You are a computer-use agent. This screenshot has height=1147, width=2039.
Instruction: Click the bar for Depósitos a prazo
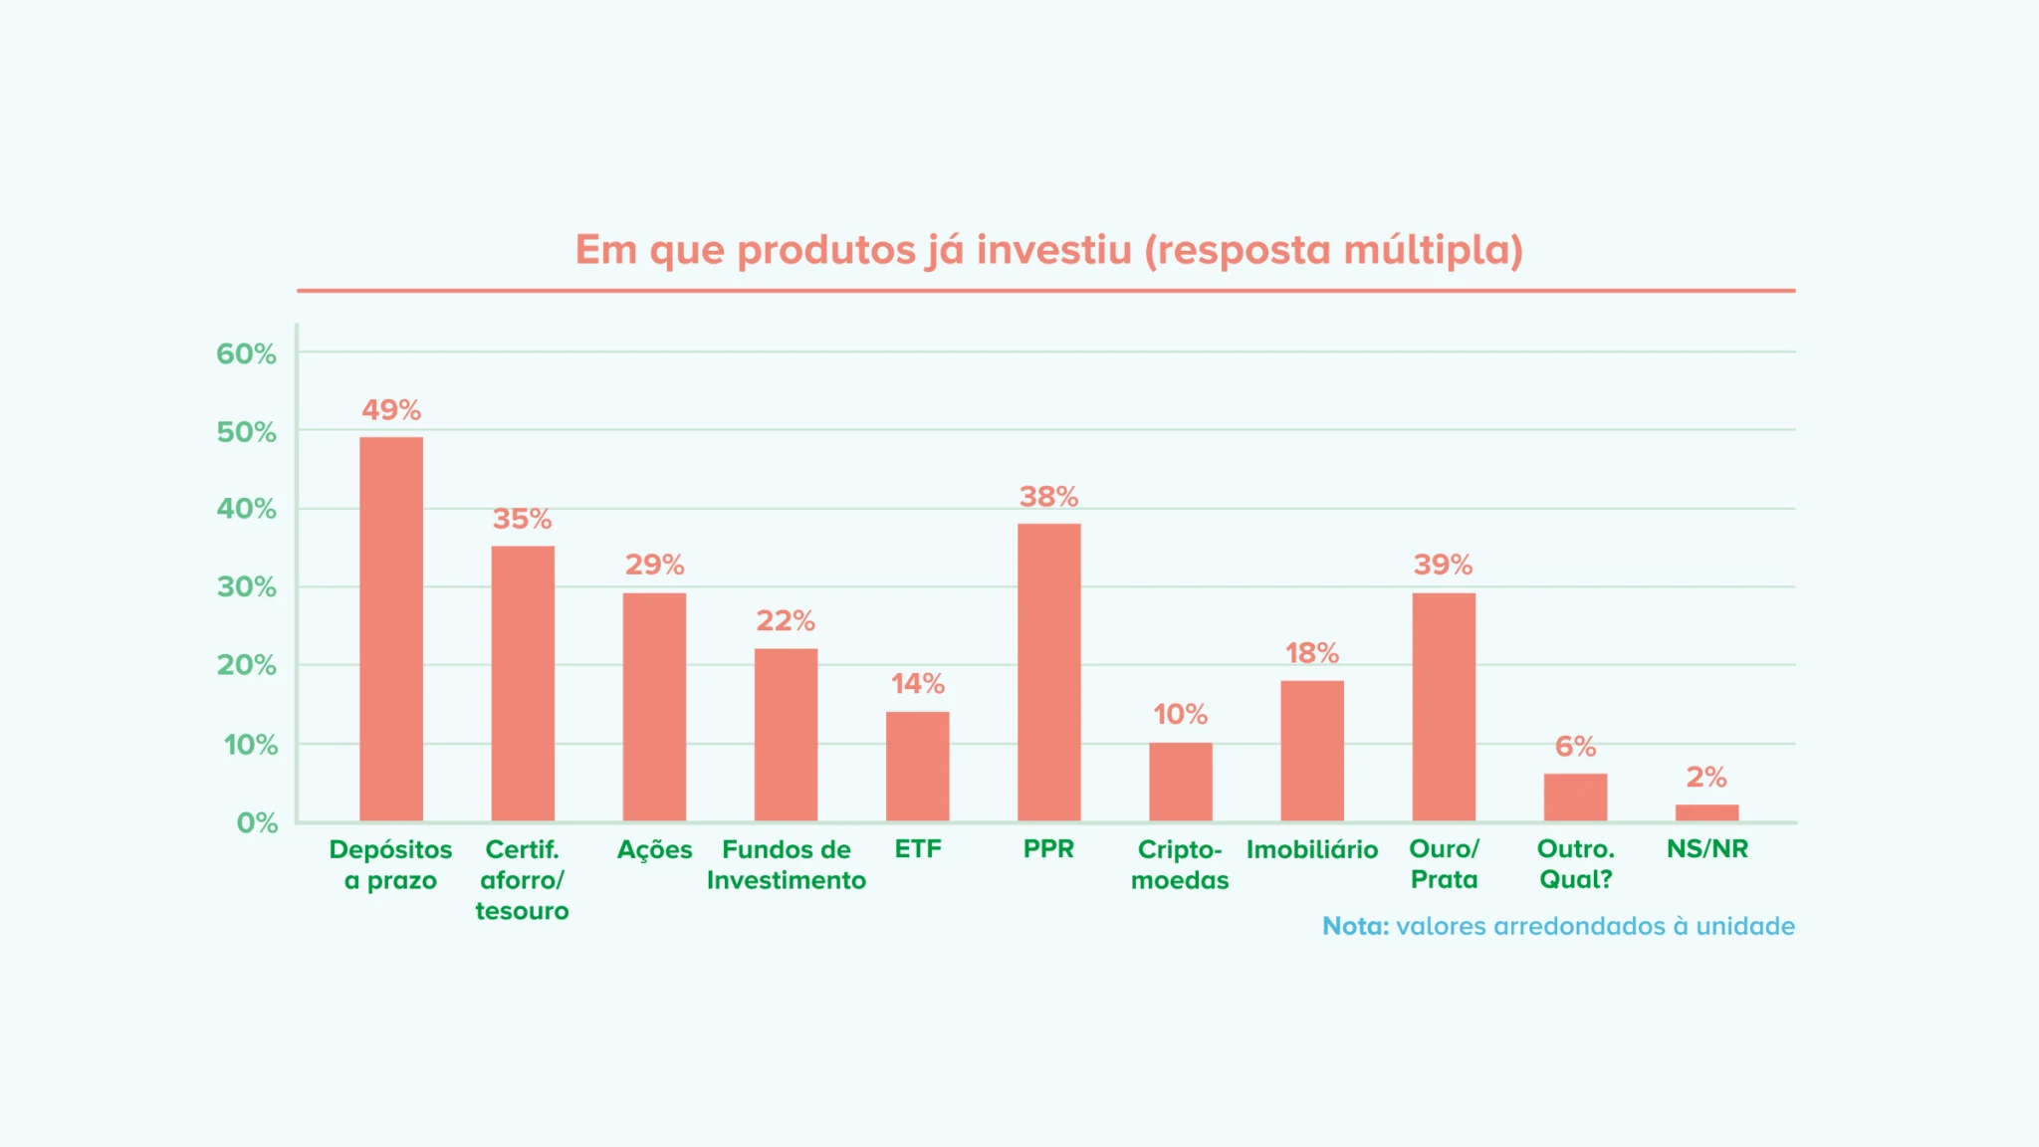tap(391, 629)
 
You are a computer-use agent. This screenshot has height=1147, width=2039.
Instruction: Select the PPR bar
tap(1048, 672)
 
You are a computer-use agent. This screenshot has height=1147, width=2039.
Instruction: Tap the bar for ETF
tap(917, 767)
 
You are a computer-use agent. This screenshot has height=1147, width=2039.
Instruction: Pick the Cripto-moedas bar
tap(1180, 782)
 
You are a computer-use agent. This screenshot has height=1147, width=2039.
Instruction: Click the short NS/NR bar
tap(1706, 812)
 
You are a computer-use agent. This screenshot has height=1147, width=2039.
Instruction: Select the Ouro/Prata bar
tap(1444, 707)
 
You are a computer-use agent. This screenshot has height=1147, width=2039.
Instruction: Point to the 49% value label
tap(391, 409)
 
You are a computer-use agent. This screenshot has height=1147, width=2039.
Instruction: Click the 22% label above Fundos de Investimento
tap(786, 620)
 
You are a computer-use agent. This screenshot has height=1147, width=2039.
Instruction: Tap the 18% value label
tap(1311, 653)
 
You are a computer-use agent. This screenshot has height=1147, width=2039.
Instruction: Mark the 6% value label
tap(1575, 746)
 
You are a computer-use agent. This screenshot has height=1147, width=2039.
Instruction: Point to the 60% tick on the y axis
tap(246, 353)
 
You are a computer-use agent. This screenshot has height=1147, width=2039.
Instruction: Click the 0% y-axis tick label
tap(257, 822)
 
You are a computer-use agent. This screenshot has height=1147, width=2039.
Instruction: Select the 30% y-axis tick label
tap(246, 587)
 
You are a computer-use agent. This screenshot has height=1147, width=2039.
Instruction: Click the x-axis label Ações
tap(654, 849)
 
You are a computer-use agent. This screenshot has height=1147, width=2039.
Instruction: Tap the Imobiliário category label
tap(1312, 849)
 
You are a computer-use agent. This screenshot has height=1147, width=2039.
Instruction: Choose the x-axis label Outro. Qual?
tap(1575, 864)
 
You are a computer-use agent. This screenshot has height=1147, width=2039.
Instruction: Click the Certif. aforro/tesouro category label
tap(522, 879)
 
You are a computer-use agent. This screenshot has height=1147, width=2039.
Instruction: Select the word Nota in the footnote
tap(1354, 926)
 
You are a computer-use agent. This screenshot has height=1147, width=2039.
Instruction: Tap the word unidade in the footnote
tap(1744, 926)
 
